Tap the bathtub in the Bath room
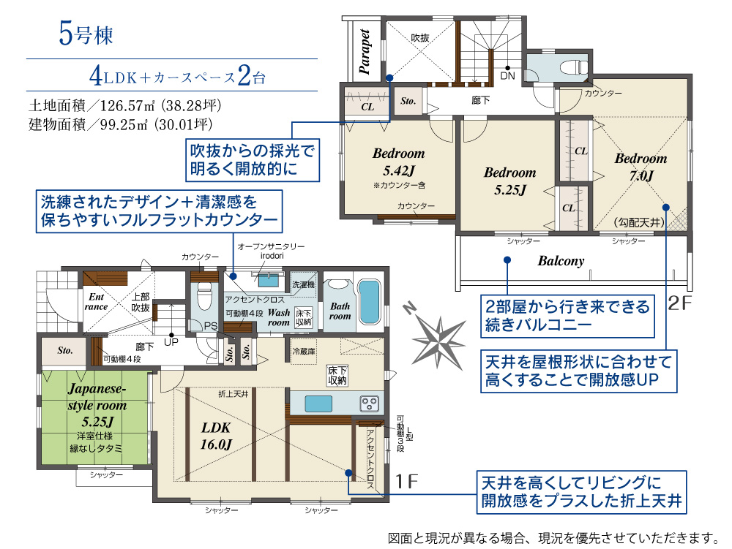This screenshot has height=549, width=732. (x=369, y=303)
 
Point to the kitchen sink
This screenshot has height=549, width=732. (x=318, y=404)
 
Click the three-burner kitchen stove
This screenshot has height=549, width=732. (x=369, y=404)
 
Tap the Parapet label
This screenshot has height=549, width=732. (x=365, y=52)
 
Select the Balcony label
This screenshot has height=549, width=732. (x=561, y=261)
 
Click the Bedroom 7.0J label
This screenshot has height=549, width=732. (x=641, y=167)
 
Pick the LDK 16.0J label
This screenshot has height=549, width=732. (x=216, y=436)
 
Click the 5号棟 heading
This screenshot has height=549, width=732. (x=86, y=34)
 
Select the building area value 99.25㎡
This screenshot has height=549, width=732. (x=123, y=124)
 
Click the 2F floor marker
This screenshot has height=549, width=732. (x=679, y=303)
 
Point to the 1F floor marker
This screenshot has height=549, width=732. (x=406, y=482)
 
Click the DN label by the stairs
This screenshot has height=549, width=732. (x=507, y=76)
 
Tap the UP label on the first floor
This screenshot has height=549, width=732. (x=171, y=342)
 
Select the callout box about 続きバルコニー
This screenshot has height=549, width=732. (x=568, y=316)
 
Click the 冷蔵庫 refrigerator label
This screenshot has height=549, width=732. (x=304, y=352)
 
